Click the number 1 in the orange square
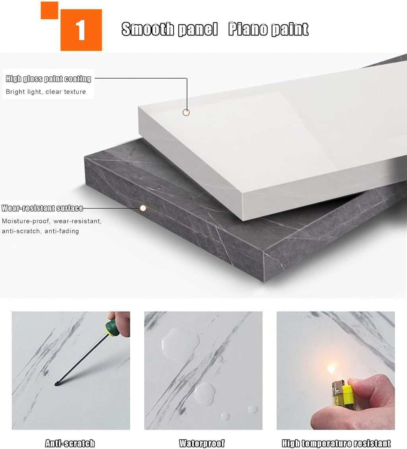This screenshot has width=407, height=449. [x=80, y=30]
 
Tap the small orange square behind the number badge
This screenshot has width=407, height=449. [x=49, y=10]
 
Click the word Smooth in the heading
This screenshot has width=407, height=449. [x=148, y=29]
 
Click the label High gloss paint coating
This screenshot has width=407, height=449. [x=48, y=79]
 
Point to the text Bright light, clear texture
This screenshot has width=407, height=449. [x=46, y=91]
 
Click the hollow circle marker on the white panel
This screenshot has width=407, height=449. [x=186, y=113]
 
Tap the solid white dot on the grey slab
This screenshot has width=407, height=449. [x=143, y=208]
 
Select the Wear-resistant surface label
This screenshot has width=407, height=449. [x=43, y=208]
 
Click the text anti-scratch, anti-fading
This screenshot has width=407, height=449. [x=41, y=231]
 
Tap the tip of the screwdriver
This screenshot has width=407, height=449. [x=55, y=384]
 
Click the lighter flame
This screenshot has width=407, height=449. [x=331, y=369]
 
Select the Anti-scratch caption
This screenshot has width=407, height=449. [x=70, y=443]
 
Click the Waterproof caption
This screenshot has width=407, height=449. [x=202, y=443]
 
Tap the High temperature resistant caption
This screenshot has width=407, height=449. [x=336, y=443]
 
